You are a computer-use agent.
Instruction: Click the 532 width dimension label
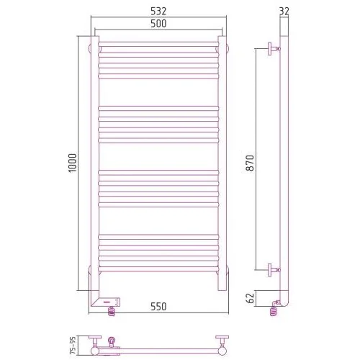[x=158, y=11]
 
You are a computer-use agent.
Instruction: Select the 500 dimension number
[x=158, y=24]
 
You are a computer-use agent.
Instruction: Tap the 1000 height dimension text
[x=73, y=163]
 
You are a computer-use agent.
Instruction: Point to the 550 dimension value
[x=158, y=307]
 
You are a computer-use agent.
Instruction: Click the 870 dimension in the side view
[x=250, y=163]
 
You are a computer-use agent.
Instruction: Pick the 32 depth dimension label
[x=284, y=11]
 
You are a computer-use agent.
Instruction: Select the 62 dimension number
[x=250, y=298]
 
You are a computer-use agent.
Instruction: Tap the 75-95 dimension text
[x=73, y=346]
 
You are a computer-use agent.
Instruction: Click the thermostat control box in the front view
[x=110, y=302]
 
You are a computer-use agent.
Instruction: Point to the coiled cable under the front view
[x=112, y=311]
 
